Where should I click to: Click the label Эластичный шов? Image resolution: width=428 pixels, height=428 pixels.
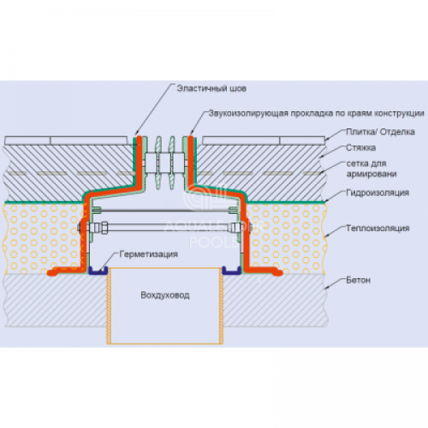[211, 88]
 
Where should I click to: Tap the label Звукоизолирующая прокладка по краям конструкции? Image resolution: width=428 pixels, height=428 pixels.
[316, 113]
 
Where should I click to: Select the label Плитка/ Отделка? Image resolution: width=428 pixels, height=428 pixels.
[380, 132]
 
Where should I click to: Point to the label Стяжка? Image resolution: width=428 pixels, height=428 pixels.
[360, 148]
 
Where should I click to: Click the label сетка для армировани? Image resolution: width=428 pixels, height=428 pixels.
[372, 169]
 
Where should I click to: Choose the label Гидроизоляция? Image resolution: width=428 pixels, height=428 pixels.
[377, 193]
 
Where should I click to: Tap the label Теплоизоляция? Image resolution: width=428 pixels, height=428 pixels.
[377, 229]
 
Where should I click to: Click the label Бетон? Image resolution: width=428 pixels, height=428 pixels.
[359, 280]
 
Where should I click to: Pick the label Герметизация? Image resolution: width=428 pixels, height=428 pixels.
[149, 254]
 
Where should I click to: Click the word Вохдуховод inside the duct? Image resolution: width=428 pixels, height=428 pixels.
[165, 295]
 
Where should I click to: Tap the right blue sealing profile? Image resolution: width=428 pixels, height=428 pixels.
[232, 271]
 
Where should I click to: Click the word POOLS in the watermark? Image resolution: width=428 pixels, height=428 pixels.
[214, 242]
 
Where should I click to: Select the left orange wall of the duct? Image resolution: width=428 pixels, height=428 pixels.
[109, 306]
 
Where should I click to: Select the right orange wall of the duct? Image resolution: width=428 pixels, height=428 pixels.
[221, 306]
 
